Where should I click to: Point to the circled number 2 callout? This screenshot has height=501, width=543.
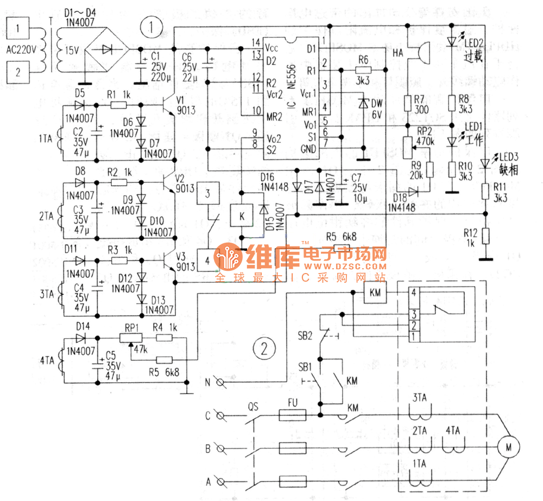[264, 348]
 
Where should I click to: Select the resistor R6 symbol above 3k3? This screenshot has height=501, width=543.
[363, 70]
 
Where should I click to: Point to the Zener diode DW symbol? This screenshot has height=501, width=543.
[364, 103]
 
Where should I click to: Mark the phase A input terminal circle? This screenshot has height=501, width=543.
[220, 480]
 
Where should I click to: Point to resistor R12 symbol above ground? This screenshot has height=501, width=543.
[486, 236]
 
